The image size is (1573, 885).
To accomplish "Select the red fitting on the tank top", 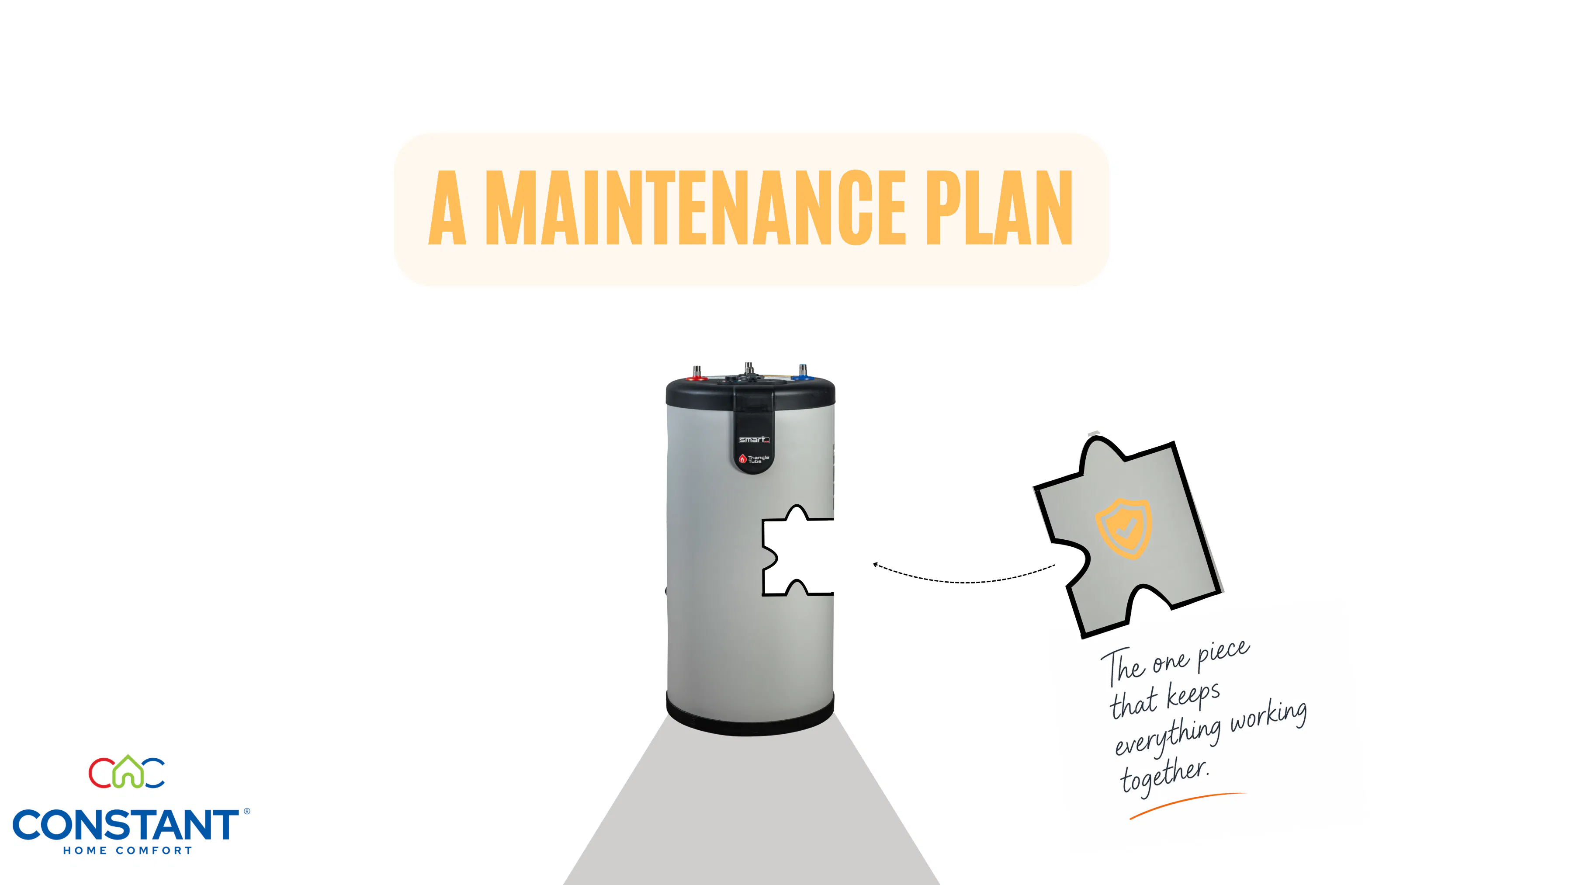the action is point(696,374).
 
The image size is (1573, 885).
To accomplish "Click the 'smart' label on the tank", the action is point(754,440).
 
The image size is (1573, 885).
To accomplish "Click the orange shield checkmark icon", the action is point(1123,528).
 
